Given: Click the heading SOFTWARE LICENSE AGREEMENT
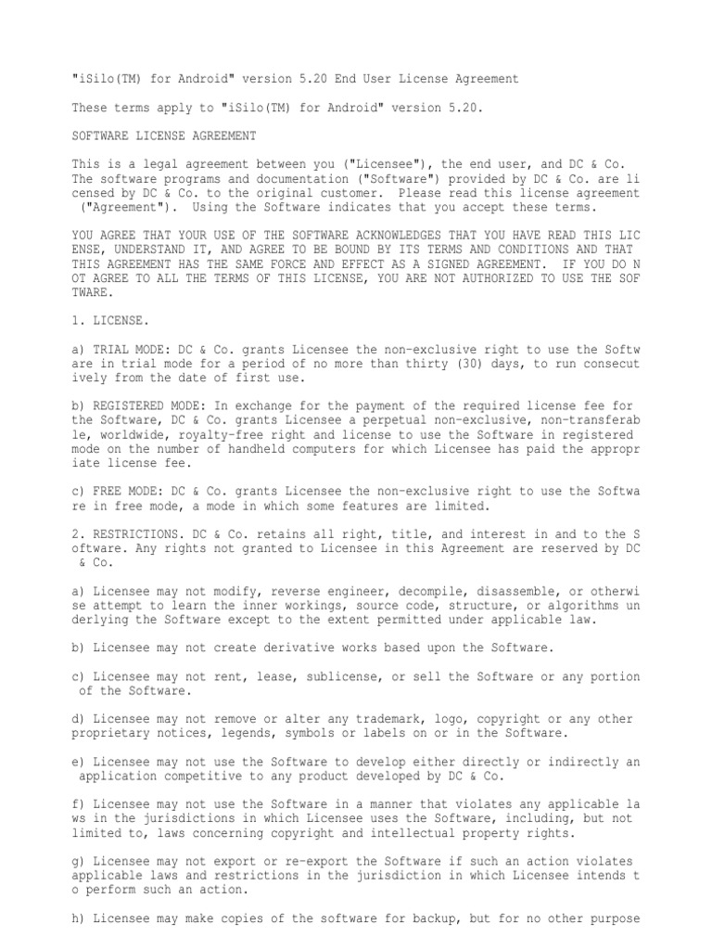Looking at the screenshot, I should pos(164,135).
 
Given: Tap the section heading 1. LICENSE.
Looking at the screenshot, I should pos(108,320).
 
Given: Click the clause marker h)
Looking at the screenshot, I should pos(79,918).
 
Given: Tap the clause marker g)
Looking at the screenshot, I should pos(79,861).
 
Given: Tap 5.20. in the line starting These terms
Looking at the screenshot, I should pos(463,108).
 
